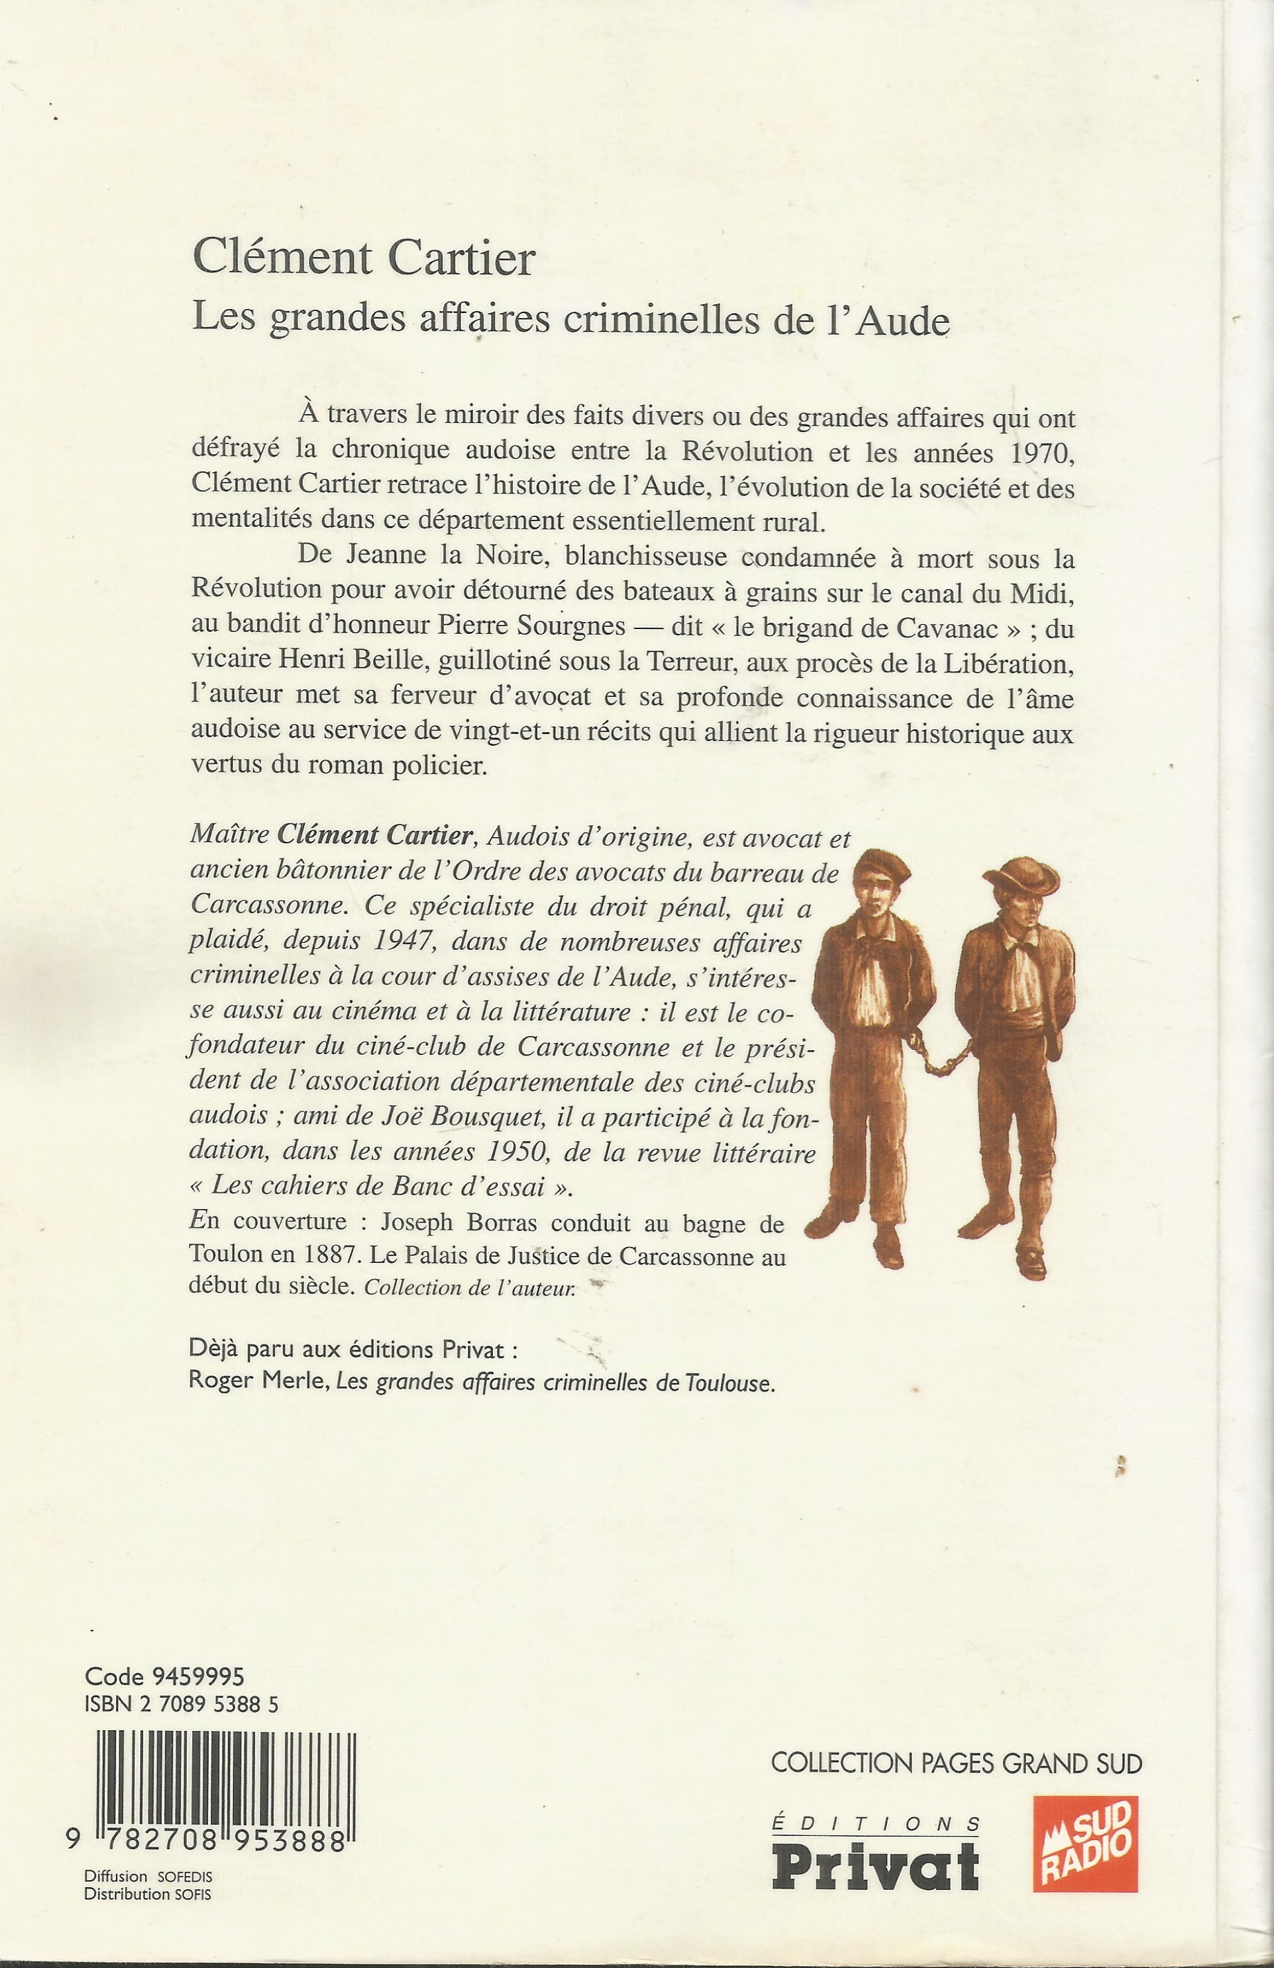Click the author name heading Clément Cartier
point(364,258)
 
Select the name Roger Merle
point(256,1383)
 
